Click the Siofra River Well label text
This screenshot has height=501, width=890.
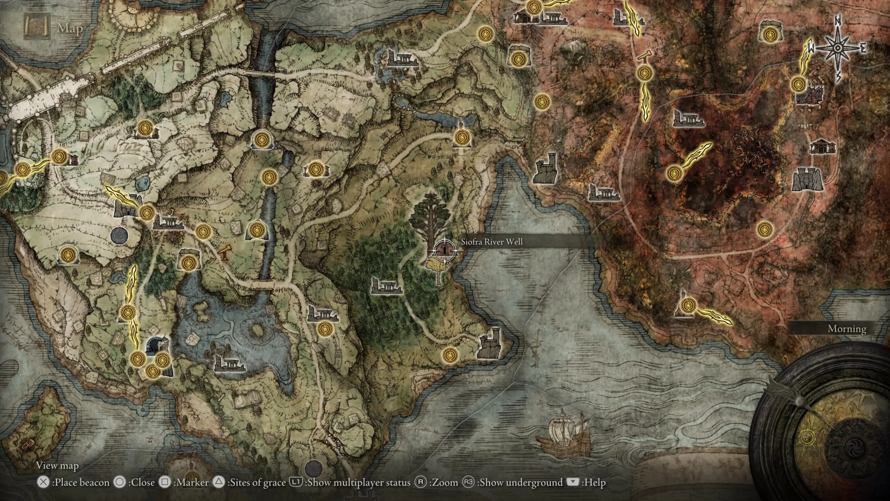point(492,242)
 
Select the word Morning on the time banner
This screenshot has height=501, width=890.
point(847,328)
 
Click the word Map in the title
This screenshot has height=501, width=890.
point(70,29)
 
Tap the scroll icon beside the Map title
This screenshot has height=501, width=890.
point(36,26)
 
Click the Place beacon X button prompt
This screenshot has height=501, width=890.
point(43,482)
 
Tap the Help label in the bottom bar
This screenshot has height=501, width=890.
point(596,482)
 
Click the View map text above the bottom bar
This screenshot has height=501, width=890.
point(57,466)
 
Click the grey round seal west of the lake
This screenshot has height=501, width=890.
point(119,235)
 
